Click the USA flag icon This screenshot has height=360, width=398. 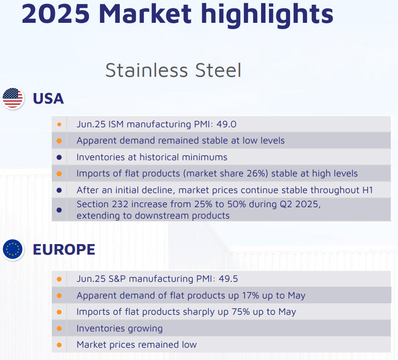pyautogui.click(x=13, y=98)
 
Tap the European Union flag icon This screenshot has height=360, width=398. pyautogui.click(x=13, y=249)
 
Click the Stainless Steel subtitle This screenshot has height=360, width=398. pyautogui.click(x=173, y=70)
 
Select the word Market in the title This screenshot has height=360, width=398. pyautogui.click(x=145, y=14)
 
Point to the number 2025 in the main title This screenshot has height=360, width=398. pyautogui.click(x=56, y=14)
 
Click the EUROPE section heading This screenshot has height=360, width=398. pyautogui.click(x=64, y=249)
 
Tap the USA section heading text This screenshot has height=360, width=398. pyautogui.click(x=48, y=98)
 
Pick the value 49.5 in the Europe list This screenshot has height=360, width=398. pyautogui.click(x=228, y=279)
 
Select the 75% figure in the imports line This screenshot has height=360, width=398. pyautogui.click(x=240, y=312)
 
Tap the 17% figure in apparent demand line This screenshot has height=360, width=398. pyautogui.click(x=251, y=295)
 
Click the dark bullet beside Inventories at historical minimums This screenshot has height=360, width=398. pyautogui.click(x=59, y=158)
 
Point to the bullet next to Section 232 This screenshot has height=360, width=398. pyautogui.click(x=59, y=210)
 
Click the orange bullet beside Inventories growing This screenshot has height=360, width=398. pyautogui.click(x=59, y=328)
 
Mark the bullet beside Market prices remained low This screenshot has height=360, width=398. pyautogui.click(x=59, y=345)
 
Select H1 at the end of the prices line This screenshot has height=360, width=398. pyautogui.click(x=367, y=190)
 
